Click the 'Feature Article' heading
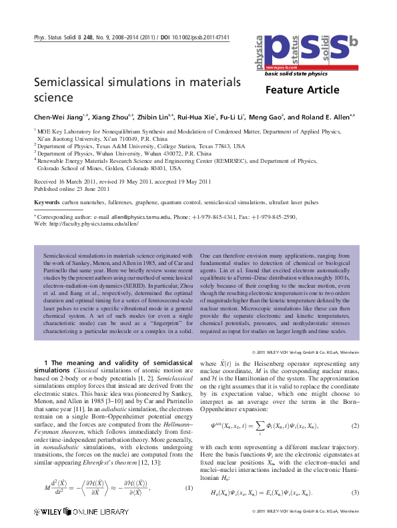(x=302, y=91)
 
